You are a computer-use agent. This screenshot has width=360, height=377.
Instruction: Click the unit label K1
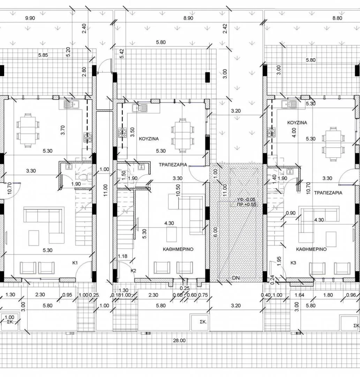(75, 263)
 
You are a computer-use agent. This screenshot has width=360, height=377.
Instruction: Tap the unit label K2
(133, 271)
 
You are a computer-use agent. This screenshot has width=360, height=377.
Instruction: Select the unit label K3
(293, 263)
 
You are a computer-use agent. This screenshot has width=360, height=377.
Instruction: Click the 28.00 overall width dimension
(179, 340)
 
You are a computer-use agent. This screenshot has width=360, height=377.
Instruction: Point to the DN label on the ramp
(236, 278)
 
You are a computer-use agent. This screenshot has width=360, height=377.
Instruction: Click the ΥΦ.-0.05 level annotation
(246, 200)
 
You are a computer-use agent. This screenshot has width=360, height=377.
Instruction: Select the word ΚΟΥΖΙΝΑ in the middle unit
(149, 139)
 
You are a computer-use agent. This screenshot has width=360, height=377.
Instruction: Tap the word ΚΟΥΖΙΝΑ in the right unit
(297, 123)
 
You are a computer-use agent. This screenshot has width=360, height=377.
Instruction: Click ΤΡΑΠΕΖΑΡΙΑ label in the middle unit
(173, 165)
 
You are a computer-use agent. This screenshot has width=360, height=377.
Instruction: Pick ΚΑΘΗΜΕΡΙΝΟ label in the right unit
(311, 249)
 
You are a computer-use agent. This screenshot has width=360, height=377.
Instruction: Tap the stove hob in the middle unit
(122, 133)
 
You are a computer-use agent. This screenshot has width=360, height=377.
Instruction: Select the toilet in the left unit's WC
(83, 177)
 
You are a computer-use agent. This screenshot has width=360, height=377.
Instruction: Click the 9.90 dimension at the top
(30, 18)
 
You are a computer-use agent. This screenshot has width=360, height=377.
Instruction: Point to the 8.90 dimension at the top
(188, 18)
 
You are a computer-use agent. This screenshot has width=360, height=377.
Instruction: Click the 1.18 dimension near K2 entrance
(122, 256)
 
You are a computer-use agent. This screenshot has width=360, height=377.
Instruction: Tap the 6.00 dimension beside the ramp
(215, 232)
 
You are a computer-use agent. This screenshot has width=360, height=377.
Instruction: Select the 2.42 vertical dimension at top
(225, 29)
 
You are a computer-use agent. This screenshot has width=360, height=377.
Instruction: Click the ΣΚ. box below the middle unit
(203, 322)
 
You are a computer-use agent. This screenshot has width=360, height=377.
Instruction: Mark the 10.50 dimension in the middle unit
(178, 191)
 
